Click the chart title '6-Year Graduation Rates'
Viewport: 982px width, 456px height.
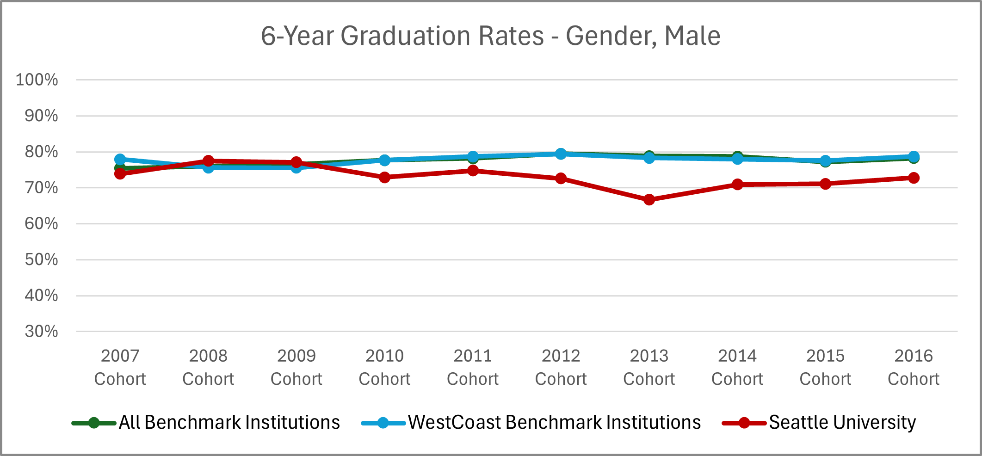pos(402,36)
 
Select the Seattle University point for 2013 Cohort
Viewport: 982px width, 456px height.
pos(649,200)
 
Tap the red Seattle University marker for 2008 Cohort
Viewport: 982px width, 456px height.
pos(208,161)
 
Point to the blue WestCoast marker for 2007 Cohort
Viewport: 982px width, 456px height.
pos(120,159)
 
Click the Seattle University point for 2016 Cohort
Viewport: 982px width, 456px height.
pos(914,178)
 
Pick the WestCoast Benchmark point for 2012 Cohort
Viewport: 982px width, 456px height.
pos(561,154)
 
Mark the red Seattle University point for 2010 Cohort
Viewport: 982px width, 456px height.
pos(384,177)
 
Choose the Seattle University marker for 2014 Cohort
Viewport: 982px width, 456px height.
pos(737,185)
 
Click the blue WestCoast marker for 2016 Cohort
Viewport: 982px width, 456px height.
pos(914,156)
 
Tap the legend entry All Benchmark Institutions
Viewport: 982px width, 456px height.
pos(229,422)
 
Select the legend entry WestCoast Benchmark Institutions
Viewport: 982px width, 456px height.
pos(554,422)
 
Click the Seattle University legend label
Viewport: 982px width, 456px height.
pos(842,422)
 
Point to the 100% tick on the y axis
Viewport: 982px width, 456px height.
pos(37,80)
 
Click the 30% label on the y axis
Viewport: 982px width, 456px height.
pos(41,332)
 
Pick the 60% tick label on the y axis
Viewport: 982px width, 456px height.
pos(41,224)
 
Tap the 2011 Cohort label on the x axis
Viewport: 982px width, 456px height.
pos(473,367)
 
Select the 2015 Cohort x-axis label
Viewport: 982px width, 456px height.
pos(825,367)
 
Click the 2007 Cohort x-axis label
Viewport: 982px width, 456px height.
pos(120,367)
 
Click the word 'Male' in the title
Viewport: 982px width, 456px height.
pos(692,36)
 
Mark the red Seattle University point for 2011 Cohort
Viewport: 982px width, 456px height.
pos(473,171)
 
